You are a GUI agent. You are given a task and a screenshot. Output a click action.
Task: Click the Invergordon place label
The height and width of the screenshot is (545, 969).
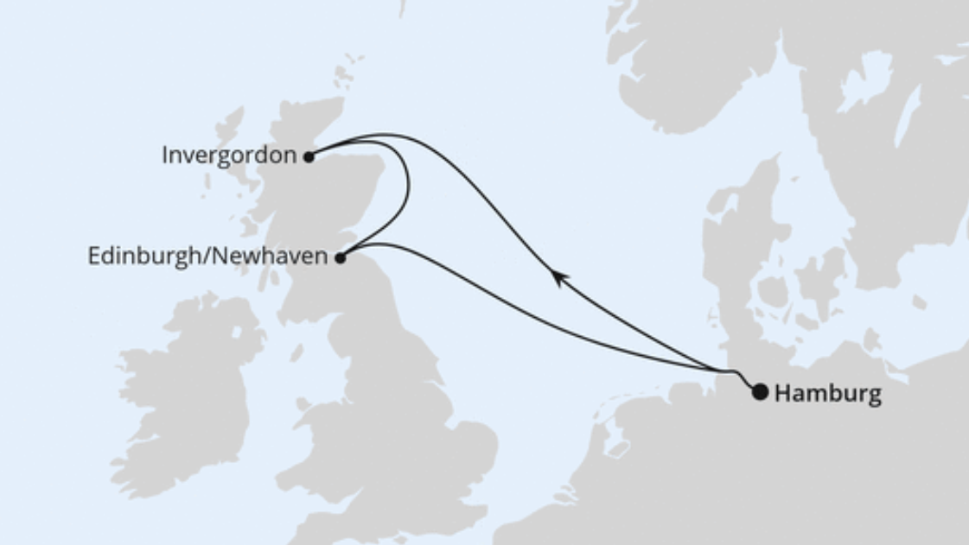(x=229, y=156)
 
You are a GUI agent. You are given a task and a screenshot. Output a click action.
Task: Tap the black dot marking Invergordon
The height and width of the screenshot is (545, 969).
(x=309, y=157)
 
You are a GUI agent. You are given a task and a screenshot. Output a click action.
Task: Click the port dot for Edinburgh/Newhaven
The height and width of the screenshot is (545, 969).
(x=341, y=257)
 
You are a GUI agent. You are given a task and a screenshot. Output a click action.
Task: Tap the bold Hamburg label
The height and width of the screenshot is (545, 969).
(x=827, y=394)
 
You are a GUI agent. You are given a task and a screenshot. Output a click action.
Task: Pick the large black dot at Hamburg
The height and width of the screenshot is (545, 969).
(x=760, y=392)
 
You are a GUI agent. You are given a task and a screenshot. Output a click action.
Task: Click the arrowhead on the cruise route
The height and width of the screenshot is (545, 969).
(x=559, y=277)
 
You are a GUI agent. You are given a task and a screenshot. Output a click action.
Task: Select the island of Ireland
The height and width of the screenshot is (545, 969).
(x=186, y=389)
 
